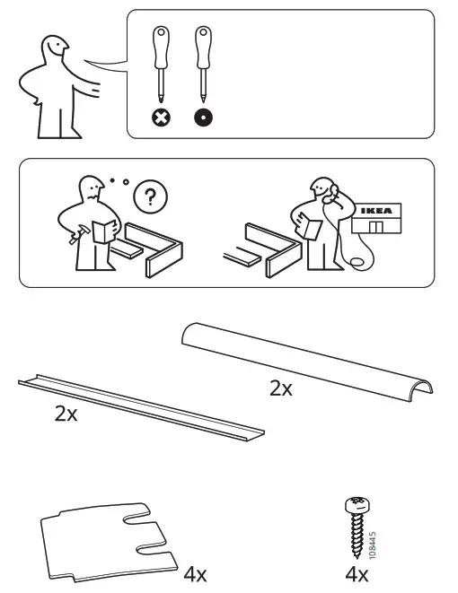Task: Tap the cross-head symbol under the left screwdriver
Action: point(161,117)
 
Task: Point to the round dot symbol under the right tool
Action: point(204,117)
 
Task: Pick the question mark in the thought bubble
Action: point(149,195)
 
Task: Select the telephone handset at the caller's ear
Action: point(329,191)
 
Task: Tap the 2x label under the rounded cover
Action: point(281,388)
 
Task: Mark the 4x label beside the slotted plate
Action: point(196,572)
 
